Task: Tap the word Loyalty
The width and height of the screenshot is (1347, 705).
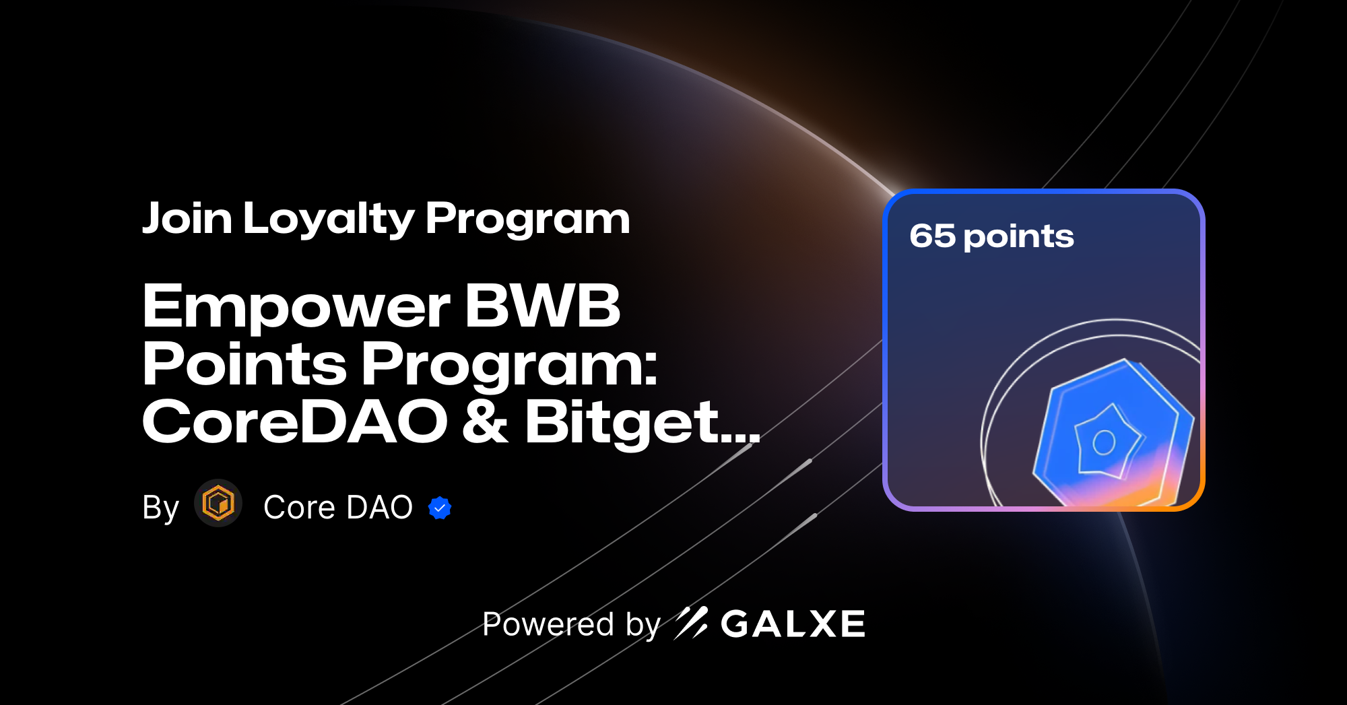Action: point(328,220)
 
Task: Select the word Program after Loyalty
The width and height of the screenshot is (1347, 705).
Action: point(527,220)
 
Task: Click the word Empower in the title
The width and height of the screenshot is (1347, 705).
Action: point(296,307)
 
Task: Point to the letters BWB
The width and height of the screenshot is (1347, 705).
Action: point(543,306)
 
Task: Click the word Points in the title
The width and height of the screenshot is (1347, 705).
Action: point(244,364)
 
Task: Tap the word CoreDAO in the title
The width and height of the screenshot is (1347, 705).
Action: point(295,422)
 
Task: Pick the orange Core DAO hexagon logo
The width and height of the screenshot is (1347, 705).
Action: point(218,503)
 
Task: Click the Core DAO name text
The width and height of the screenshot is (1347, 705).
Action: point(338,507)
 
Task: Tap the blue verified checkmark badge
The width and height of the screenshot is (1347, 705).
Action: point(440,508)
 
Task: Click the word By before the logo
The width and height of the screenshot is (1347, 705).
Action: point(160,508)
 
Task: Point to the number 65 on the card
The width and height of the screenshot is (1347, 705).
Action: point(932,236)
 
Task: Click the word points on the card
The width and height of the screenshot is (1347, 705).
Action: point(1018,237)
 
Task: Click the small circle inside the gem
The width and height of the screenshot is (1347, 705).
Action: point(1104,442)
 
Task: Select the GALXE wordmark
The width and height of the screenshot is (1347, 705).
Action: point(793,624)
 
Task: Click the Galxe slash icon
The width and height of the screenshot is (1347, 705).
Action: point(691,623)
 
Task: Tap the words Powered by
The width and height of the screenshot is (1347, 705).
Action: point(571,624)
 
